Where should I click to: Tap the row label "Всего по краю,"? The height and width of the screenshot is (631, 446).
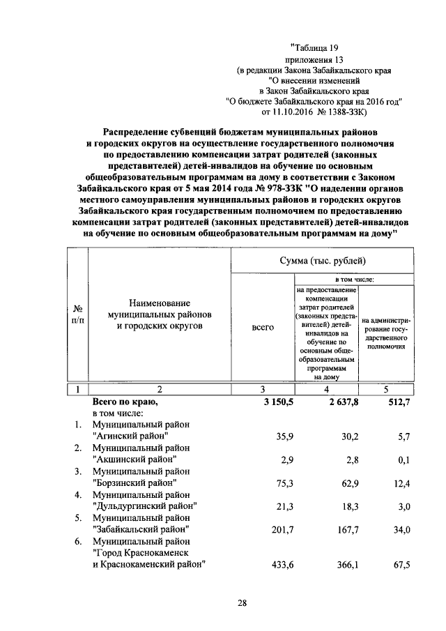[125, 402]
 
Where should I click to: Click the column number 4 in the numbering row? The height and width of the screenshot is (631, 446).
[326, 389]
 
